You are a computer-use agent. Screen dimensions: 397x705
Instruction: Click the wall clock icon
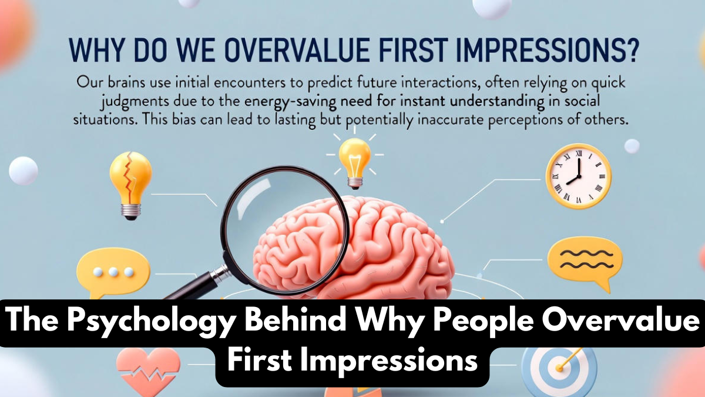pos(578,176)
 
